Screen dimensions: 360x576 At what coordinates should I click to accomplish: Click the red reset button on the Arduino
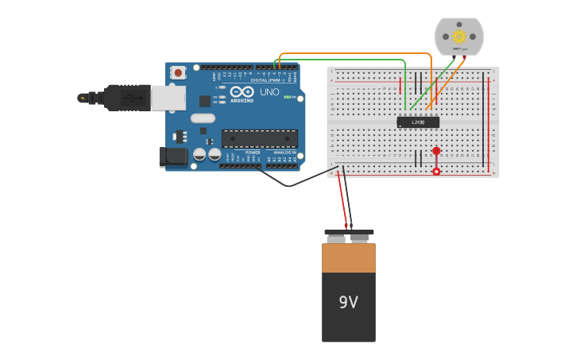178,72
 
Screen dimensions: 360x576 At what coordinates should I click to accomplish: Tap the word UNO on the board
269,92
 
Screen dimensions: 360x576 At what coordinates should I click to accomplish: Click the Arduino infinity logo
242,91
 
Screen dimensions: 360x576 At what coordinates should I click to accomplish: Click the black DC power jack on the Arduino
173,157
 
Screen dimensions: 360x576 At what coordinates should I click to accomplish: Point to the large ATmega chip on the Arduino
260,138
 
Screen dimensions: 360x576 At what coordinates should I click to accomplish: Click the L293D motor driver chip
418,122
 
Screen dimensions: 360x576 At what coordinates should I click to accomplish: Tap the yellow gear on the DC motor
459,37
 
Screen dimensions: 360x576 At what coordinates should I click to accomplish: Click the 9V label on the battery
348,303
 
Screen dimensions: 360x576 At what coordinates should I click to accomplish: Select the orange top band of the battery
348,257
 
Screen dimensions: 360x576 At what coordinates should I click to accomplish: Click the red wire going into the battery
342,203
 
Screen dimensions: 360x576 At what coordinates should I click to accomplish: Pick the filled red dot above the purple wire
436,151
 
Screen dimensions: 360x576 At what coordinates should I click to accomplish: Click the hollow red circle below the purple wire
436,172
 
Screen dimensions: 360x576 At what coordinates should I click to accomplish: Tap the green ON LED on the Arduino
291,97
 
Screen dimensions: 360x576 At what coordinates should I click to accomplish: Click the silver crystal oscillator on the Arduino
203,118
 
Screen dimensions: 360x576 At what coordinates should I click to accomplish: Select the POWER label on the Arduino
253,152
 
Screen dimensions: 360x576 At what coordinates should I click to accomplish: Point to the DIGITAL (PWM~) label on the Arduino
266,80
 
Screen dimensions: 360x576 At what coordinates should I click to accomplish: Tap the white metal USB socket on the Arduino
168,98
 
